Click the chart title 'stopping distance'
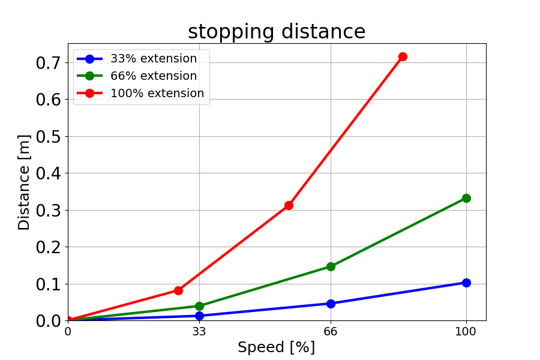pyautogui.click(x=277, y=32)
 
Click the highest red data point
pyautogui.click(x=403, y=56)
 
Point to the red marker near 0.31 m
pyautogui.click(x=289, y=205)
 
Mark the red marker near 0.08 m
pyautogui.click(x=178, y=290)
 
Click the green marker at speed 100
pyautogui.click(x=466, y=198)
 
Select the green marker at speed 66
pyautogui.click(x=331, y=266)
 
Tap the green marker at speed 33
pyautogui.click(x=199, y=306)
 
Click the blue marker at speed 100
pyautogui.click(x=466, y=283)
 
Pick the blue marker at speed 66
pyautogui.click(x=331, y=304)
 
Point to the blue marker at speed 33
pyautogui.click(x=199, y=316)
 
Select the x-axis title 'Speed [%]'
pyautogui.click(x=276, y=347)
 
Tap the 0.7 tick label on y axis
pyautogui.click(x=48, y=62)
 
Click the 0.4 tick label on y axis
pyautogui.click(x=48, y=173)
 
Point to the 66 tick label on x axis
pyautogui.click(x=331, y=331)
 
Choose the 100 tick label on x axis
pyautogui.click(x=466, y=331)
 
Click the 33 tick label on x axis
pyautogui.click(x=199, y=331)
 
